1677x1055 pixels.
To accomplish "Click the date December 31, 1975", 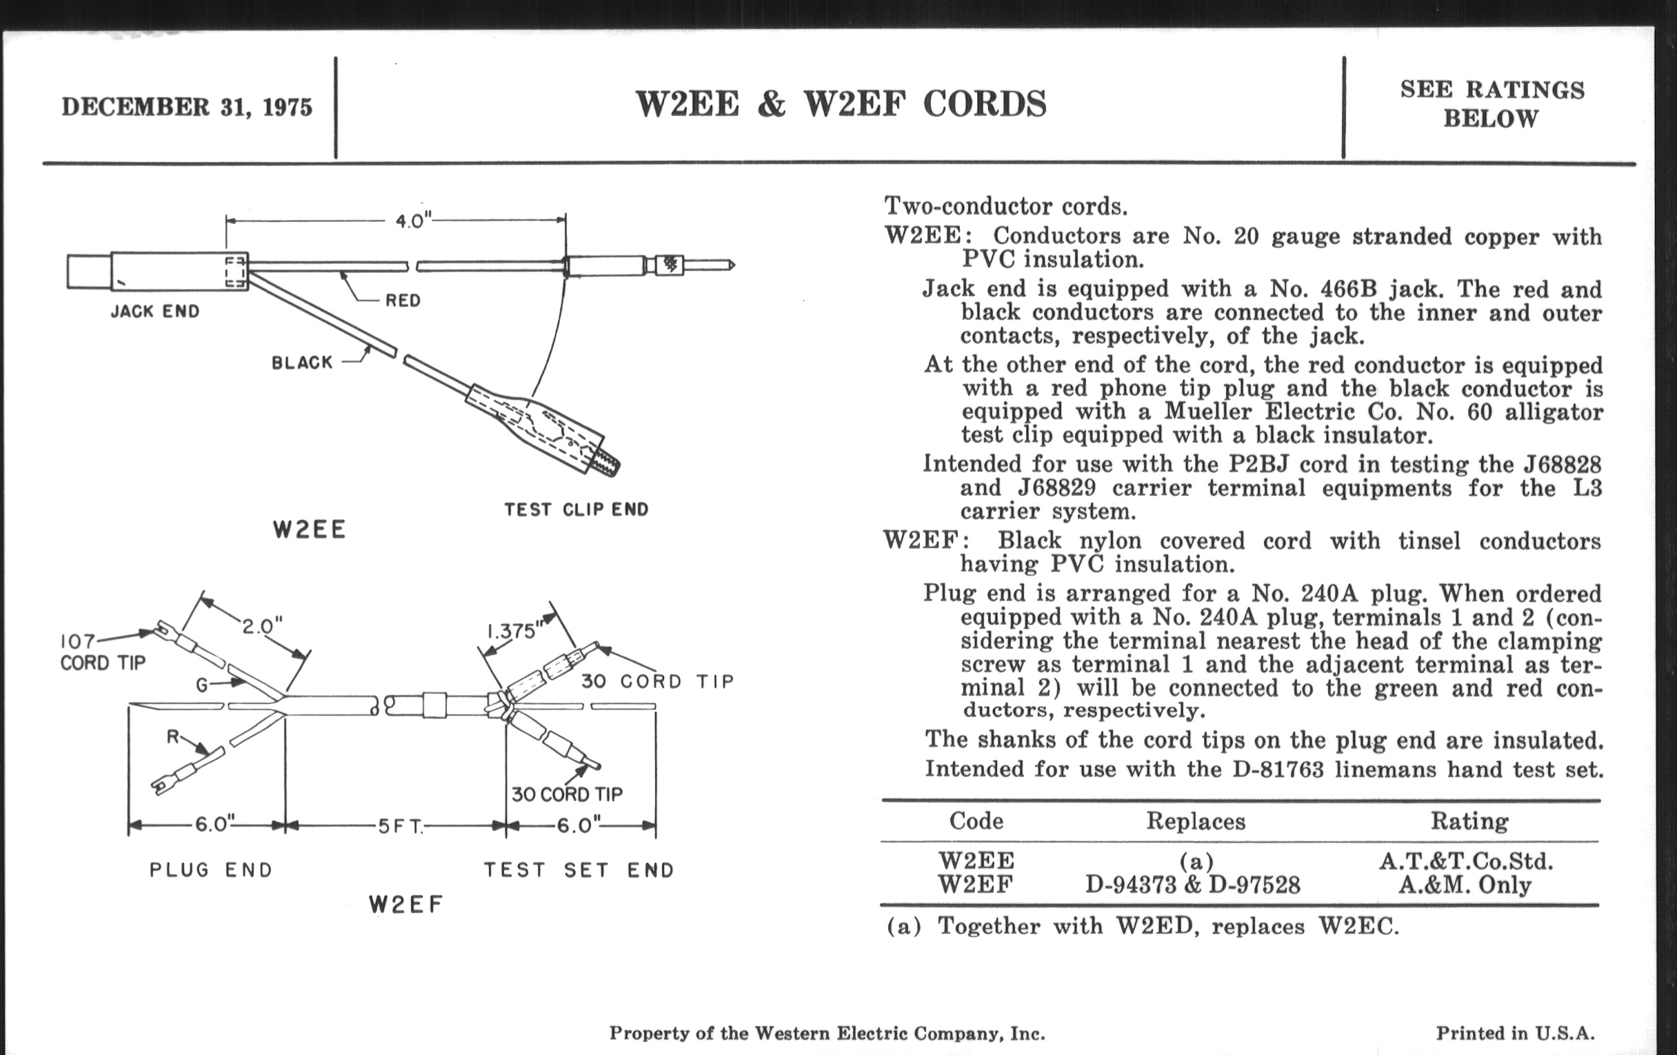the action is pos(187,108).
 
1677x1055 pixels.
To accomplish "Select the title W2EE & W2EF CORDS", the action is pos(841,104).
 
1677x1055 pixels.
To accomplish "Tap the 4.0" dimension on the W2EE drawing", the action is pos(414,221).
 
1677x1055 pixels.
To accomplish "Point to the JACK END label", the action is pos(154,311).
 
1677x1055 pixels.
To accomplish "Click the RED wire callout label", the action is pos(403,300).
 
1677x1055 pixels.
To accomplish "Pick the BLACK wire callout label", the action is pos(301,362).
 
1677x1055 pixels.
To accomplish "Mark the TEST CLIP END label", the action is pos(576,510).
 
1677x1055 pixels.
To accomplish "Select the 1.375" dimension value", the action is pos(514,631).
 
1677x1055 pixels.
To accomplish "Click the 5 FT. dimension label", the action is pos(401,826).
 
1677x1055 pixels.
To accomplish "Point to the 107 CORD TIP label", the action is pos(102,652).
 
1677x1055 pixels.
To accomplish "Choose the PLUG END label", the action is pos(210,870).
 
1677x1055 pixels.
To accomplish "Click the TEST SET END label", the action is pos(579,870).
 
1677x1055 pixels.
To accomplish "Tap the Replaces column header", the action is pos(1196,821).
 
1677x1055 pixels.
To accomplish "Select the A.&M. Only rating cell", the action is pos(1465,885).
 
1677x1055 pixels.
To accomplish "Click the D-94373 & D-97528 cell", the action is pos(1192,885).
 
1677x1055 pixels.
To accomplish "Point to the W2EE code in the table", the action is pos(976,861).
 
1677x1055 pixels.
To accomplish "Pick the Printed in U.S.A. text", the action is pos(1516,1033).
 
